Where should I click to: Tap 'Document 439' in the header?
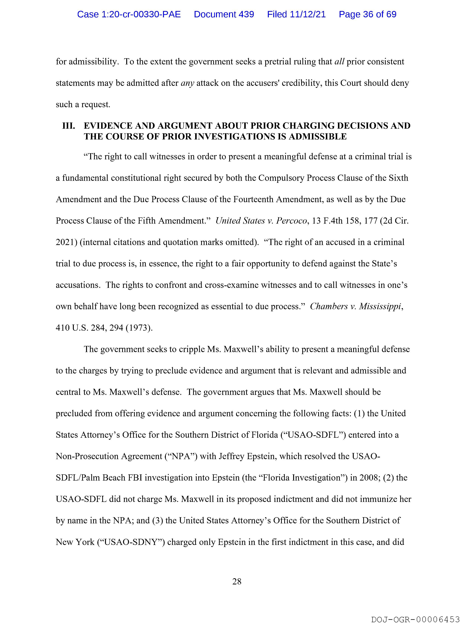pyautogui.click(x=224, y=14)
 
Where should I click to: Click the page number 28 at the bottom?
pyautogui.click(x=237, y=581)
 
